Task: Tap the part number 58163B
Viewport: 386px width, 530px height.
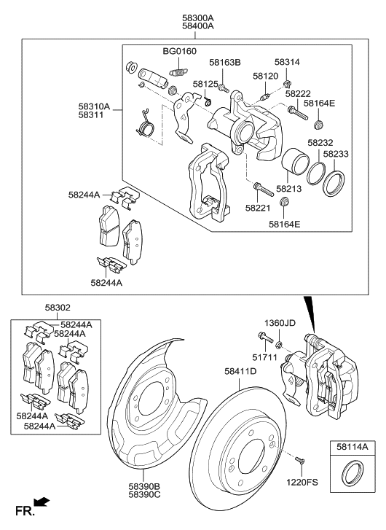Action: pyautogui.click(x=225, y=63)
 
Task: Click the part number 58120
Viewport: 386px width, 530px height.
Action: pyautogui.click(x=266, y=76)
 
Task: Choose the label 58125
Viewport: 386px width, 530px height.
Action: pyautogui.click(x=206, y=85)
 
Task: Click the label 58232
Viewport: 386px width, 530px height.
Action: pyautogui.click(x=320, y=144)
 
